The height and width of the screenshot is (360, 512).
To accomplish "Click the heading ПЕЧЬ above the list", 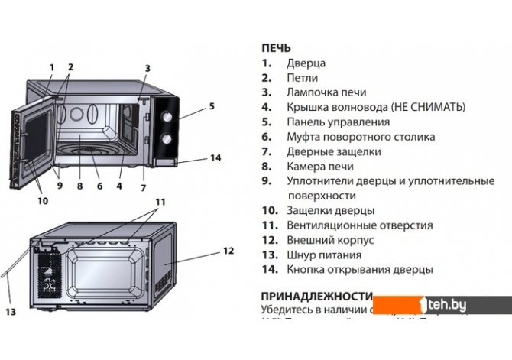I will click(276, 48).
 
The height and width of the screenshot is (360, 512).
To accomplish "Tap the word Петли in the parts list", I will click(302, 78).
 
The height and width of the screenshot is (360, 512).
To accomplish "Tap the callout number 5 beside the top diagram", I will click(212, 106).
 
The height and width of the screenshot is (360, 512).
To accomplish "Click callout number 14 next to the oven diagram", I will click(215, 158).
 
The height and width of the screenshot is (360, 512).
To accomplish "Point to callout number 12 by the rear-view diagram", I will click(228, 250).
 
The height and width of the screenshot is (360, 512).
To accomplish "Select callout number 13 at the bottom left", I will click(11, 312).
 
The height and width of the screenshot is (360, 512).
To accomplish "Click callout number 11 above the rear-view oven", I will click(159, 202).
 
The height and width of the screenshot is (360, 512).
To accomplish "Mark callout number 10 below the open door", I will click(42, 201).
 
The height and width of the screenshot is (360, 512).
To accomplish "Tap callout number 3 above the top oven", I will click(147, 68).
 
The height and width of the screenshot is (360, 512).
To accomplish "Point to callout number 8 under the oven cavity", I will click(79, 184).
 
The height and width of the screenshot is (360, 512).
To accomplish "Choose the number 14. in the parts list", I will click(269, 270).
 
